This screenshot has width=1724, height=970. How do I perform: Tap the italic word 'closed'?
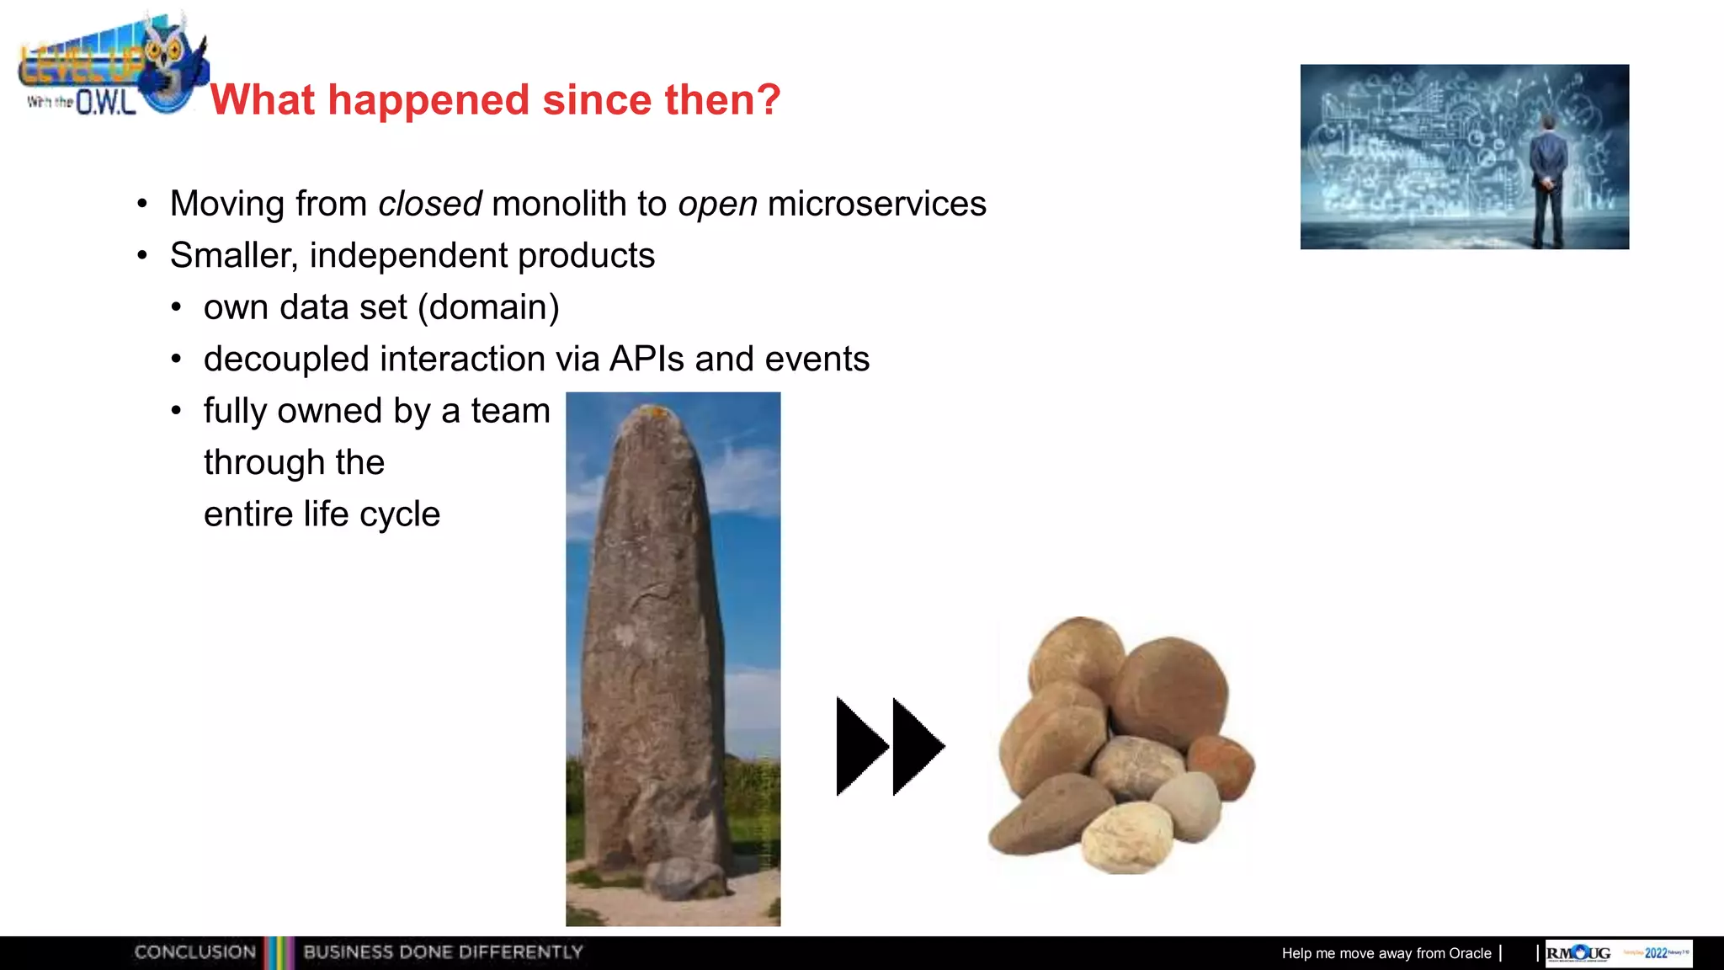point(429,204)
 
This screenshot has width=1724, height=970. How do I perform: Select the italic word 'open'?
point(717,204)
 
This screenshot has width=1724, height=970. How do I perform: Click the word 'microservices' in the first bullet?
point(876,204)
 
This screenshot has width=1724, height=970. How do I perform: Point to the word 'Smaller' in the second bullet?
point(231,255)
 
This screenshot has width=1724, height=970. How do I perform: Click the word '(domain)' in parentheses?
point(493,307)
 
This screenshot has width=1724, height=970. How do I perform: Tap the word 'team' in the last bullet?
point(510,411)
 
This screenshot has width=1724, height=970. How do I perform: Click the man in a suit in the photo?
point(1547,181)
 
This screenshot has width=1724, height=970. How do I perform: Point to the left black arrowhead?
point(861,746)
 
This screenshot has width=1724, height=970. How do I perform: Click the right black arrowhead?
point(918,746)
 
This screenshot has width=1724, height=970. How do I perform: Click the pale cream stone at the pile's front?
point(1126,836)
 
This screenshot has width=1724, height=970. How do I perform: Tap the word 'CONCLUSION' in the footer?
point(194,952)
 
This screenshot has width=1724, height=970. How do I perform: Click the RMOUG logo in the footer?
point(1578,953)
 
